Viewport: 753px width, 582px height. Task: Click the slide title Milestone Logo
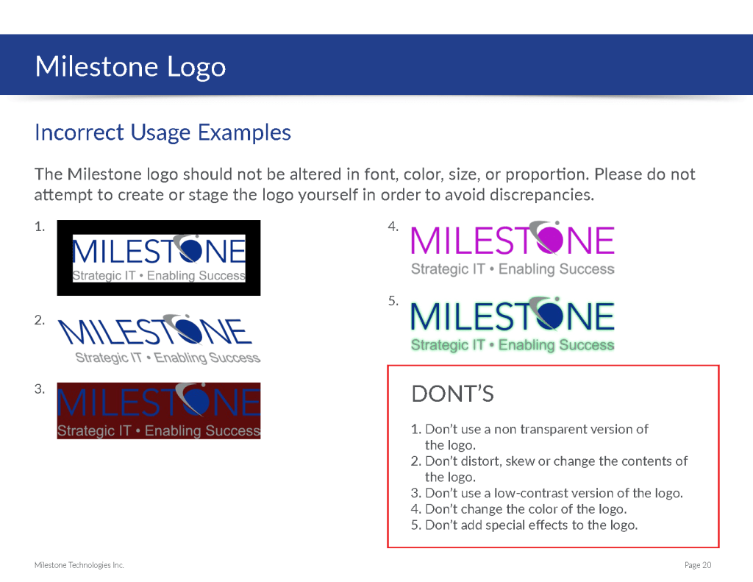130,67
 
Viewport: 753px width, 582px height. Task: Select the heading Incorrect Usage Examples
163,132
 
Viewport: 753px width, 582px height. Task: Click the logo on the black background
159,258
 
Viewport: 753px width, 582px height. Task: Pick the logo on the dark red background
159,411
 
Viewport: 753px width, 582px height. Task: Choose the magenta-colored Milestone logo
513,249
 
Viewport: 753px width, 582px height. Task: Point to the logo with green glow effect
513,324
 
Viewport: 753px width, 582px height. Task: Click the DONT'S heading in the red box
452,394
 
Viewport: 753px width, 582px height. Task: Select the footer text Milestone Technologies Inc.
79,565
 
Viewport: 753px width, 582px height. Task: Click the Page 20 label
698,565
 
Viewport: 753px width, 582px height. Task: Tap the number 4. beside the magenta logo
393,227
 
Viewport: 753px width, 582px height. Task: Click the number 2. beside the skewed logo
40,320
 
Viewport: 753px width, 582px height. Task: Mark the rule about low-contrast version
546,493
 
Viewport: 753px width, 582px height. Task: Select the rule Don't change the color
518,509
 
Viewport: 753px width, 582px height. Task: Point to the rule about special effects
524,525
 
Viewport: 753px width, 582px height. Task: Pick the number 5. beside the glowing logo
393,302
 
